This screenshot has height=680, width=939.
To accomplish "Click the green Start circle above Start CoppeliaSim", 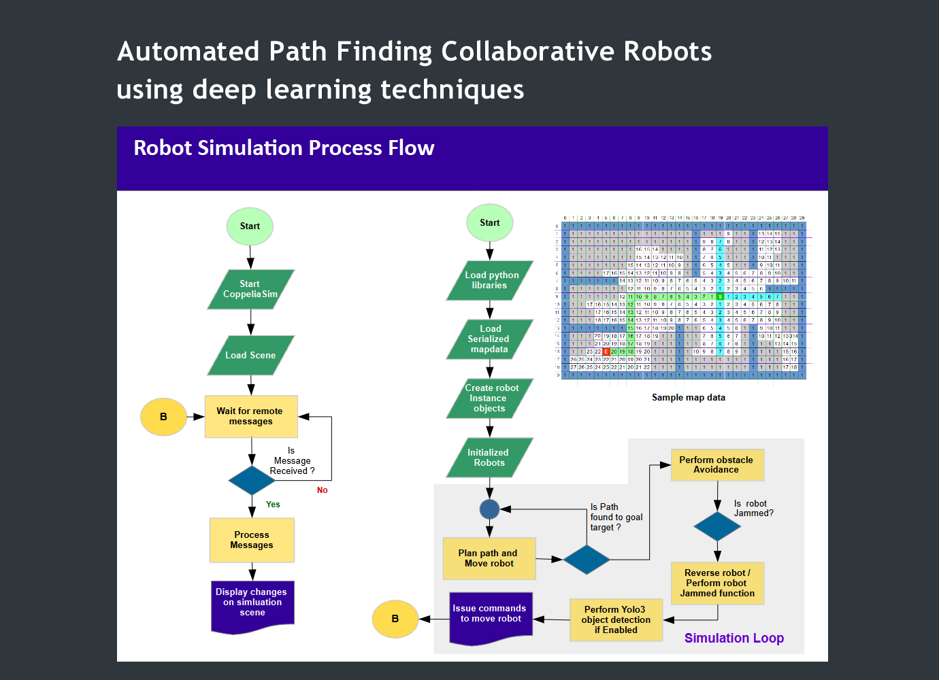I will point(250,226).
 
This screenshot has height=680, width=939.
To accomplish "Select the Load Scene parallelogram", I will point(250,355).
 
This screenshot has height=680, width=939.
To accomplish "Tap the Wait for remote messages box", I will point(251,416).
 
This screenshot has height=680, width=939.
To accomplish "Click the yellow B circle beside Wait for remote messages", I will point(163,417).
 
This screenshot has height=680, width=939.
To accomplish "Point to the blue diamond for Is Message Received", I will point(252,481).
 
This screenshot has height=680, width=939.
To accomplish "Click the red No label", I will point(323,490).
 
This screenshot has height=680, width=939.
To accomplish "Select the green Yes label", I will point(273,505).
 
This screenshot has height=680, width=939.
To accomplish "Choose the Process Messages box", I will point(252,540).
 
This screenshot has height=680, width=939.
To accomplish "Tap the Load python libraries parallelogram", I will point(490,280).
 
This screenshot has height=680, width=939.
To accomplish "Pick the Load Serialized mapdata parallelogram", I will point(490,339).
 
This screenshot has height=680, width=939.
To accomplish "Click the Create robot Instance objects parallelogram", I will point(490,398).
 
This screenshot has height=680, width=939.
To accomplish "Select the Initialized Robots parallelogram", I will point(490,458).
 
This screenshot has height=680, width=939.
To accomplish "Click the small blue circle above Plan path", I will point(489,509).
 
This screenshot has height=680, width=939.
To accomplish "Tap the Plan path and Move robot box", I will point(489,558).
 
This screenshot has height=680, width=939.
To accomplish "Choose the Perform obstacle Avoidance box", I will point(717,464).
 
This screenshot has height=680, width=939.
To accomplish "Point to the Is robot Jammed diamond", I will point(717,526).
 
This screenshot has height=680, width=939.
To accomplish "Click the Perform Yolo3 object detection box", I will point(616,619).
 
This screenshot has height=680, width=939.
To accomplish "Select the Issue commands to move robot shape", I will point(491,616).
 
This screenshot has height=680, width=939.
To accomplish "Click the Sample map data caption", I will point(688,398).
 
